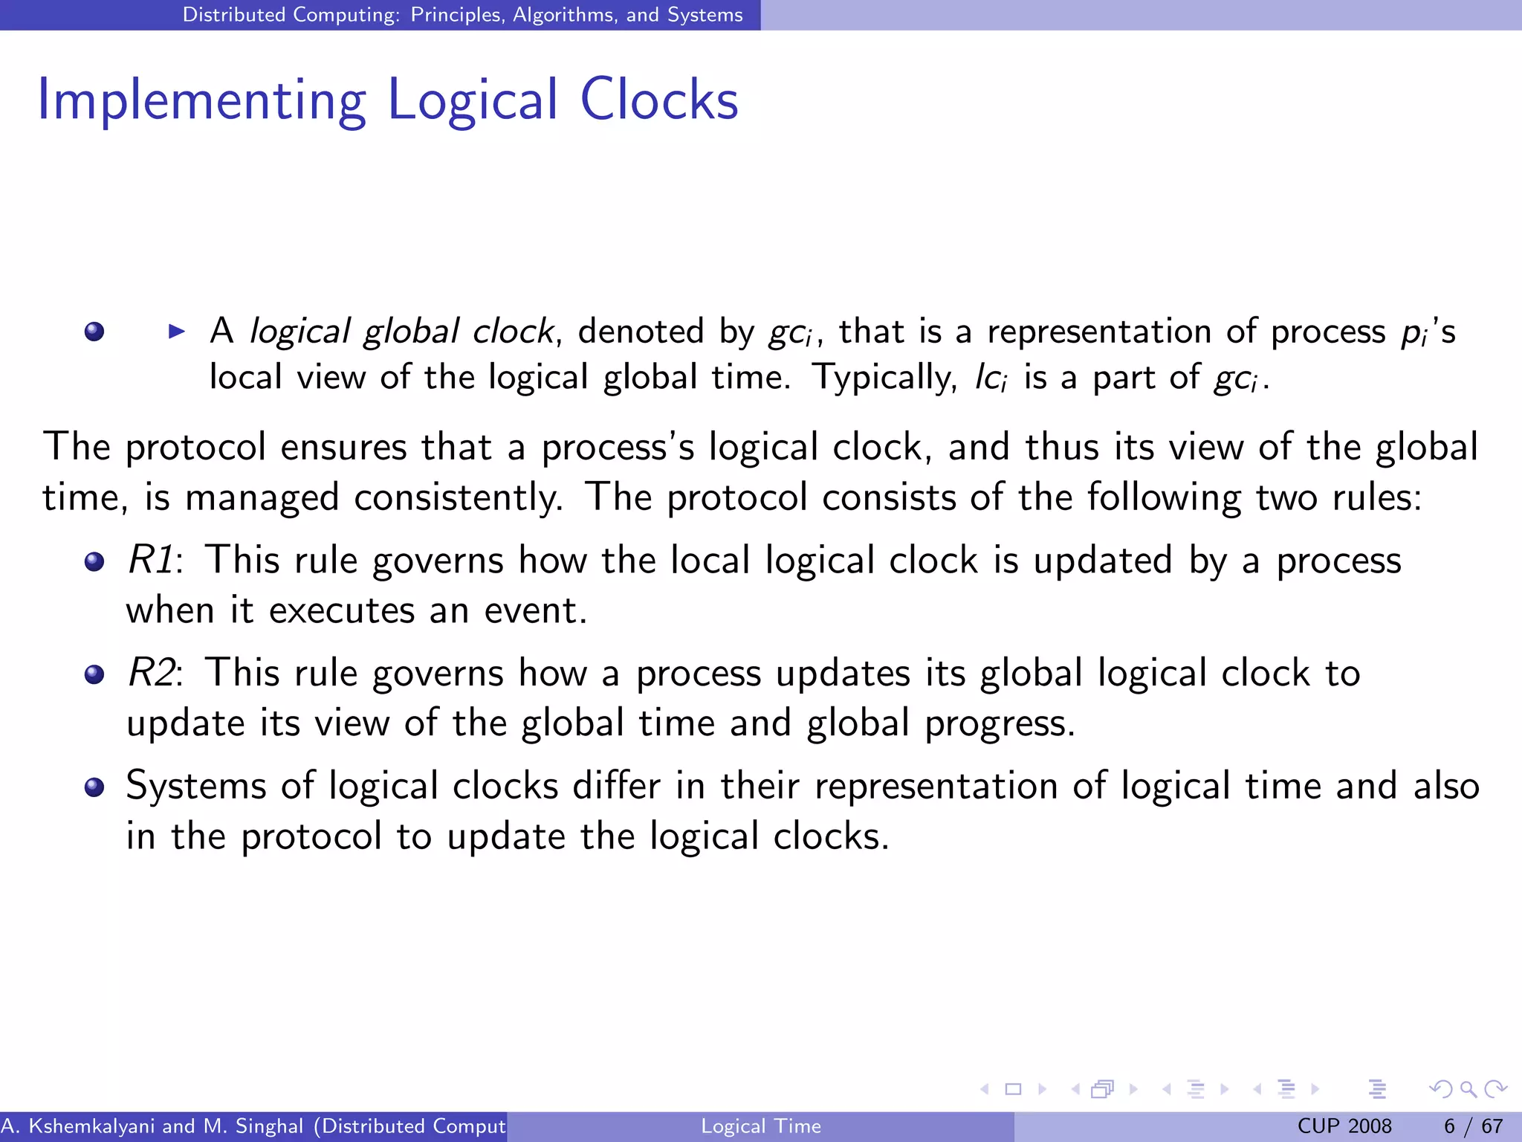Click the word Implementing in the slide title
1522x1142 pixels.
201,100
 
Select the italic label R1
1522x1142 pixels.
152,560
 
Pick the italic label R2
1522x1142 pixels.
152,673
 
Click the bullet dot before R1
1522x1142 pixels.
94,561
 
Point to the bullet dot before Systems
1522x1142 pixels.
94,787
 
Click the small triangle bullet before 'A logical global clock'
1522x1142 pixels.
177,332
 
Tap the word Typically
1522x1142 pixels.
884,378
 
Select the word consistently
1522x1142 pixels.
459,497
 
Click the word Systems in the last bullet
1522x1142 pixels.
196,786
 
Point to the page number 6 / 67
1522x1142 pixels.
1473,1126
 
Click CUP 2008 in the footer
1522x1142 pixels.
1344,1126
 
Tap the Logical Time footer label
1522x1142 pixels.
761,1126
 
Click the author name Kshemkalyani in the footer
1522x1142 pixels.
91,1126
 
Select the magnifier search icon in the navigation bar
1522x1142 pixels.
1468,1089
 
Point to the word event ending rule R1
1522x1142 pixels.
535,611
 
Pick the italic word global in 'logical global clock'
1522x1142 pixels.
411,332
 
